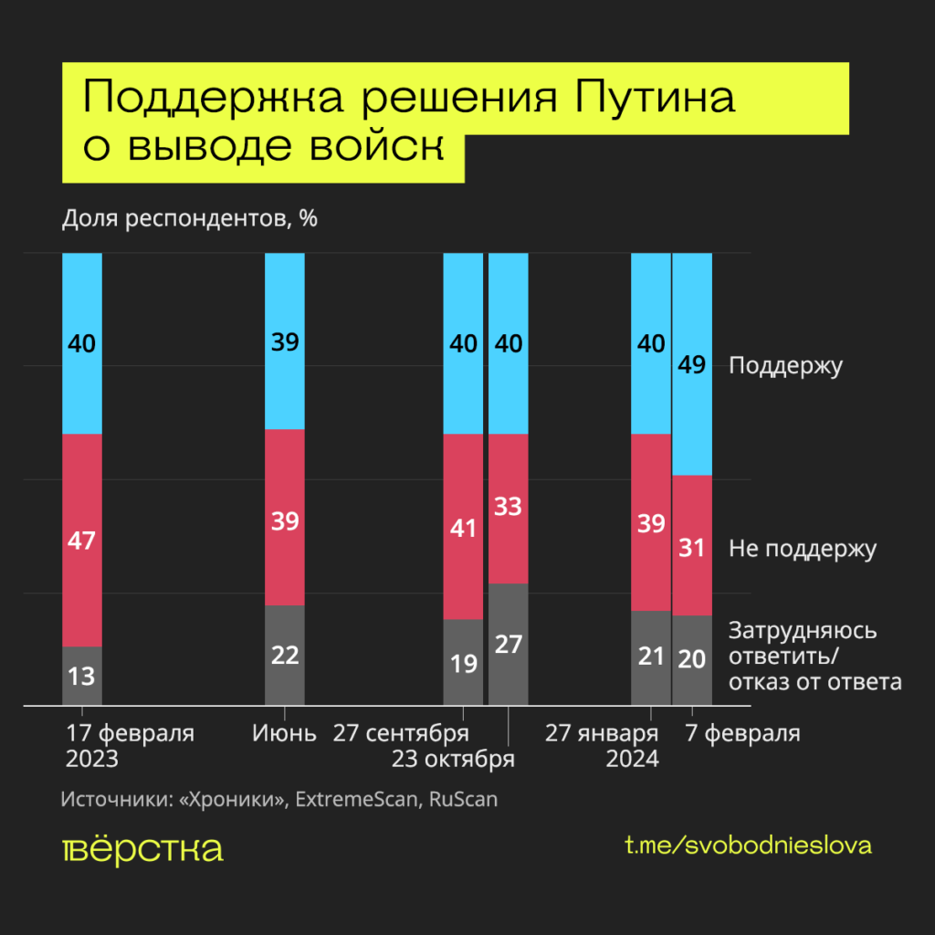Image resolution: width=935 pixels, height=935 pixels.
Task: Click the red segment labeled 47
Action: [x=81, y=540]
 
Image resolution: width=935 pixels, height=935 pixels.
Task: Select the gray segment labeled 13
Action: [x=81, y=676]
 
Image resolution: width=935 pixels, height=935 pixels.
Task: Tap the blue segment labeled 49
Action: [x=692, y=364]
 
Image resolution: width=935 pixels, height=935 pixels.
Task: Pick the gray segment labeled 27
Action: [x=509, y=644]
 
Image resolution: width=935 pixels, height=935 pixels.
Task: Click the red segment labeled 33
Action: [x=509, y=508]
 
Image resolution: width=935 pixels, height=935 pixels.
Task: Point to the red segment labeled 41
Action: [x=463, y=526]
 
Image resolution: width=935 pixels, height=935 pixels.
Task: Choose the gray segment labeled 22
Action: [x=284, y=655]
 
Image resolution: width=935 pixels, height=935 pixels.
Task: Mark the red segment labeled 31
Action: [x=692, y=545]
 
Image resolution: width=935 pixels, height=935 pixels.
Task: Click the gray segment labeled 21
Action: [x=651, y=657]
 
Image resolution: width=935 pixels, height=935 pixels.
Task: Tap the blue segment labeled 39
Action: [x=284, y=341]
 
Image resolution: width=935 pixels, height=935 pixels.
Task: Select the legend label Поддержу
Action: [x=785, y=366]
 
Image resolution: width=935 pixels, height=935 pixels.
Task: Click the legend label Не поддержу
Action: [x=802, y=549]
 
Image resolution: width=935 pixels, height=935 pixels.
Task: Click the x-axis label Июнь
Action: [x=284, y=734]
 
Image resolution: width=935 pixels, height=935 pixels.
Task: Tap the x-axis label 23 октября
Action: [x=453, y=760]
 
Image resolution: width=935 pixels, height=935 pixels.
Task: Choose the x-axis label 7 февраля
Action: [x=742, y=734]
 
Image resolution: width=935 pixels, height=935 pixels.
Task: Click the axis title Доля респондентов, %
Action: [x=189, y=219]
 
